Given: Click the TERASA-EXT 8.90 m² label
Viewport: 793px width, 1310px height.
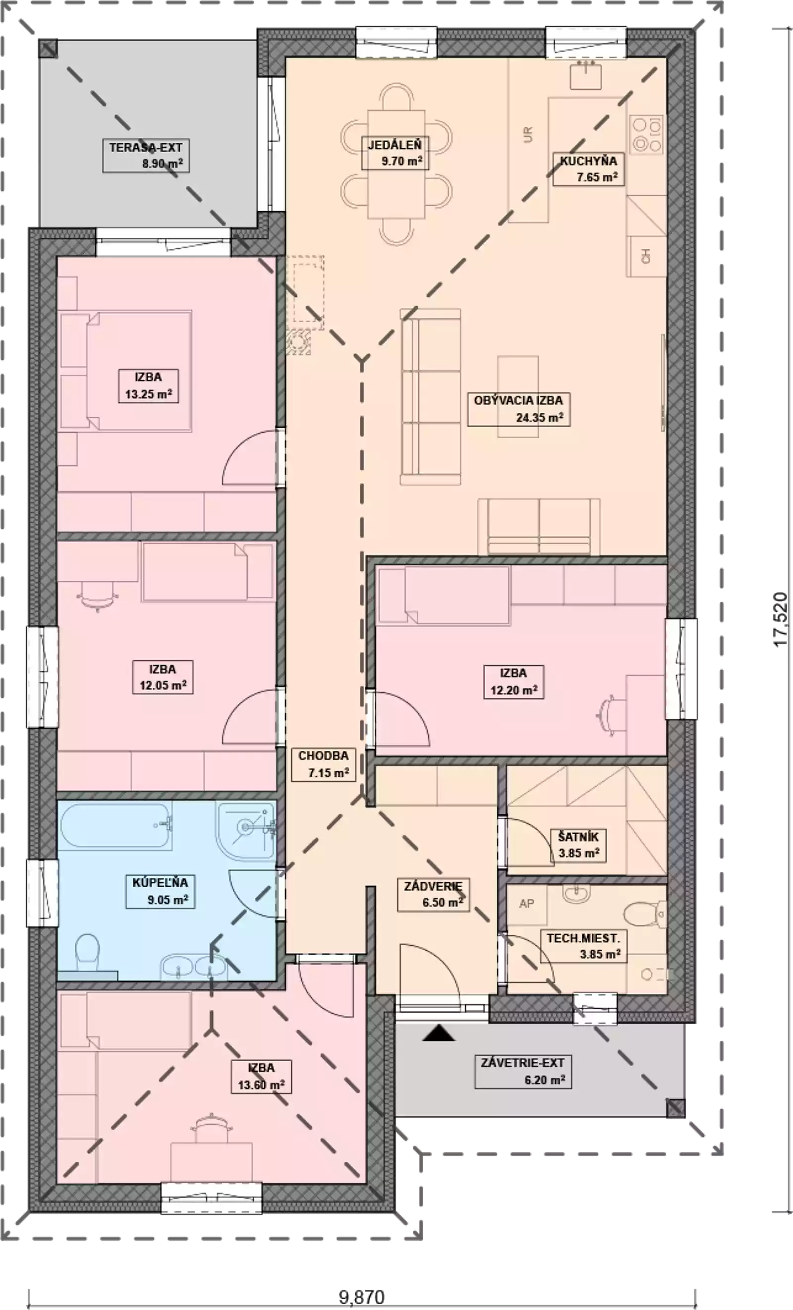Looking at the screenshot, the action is click(x=146, y=155).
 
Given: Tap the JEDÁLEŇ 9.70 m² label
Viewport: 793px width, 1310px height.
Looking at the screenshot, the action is click(x=395, y=153).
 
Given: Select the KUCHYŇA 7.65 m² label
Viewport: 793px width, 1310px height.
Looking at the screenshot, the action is click(x=588, y=169).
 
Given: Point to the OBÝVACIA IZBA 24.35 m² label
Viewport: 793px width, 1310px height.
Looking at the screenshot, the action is click(x=519, y=409).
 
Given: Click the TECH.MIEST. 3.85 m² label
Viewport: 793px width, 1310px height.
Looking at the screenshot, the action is click(x=583, y=946).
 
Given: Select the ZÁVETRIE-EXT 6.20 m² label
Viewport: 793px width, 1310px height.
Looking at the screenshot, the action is click(x=523, y=1072).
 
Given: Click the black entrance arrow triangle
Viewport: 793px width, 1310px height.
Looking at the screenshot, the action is click(x=439, y=1033).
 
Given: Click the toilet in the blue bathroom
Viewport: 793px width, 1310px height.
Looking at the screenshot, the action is click(x=88, y=953).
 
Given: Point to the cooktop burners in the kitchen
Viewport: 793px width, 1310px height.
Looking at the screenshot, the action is click(x=647, y=133).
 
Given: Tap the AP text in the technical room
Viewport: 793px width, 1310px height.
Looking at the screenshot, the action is click(x=526, y=903).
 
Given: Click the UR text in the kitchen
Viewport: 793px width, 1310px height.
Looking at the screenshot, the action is click(x=528, y=134).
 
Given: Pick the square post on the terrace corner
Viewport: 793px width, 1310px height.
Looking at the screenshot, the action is click(x=49, y=49).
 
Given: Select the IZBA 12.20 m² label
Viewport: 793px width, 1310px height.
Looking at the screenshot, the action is click(x=513, y=681).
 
